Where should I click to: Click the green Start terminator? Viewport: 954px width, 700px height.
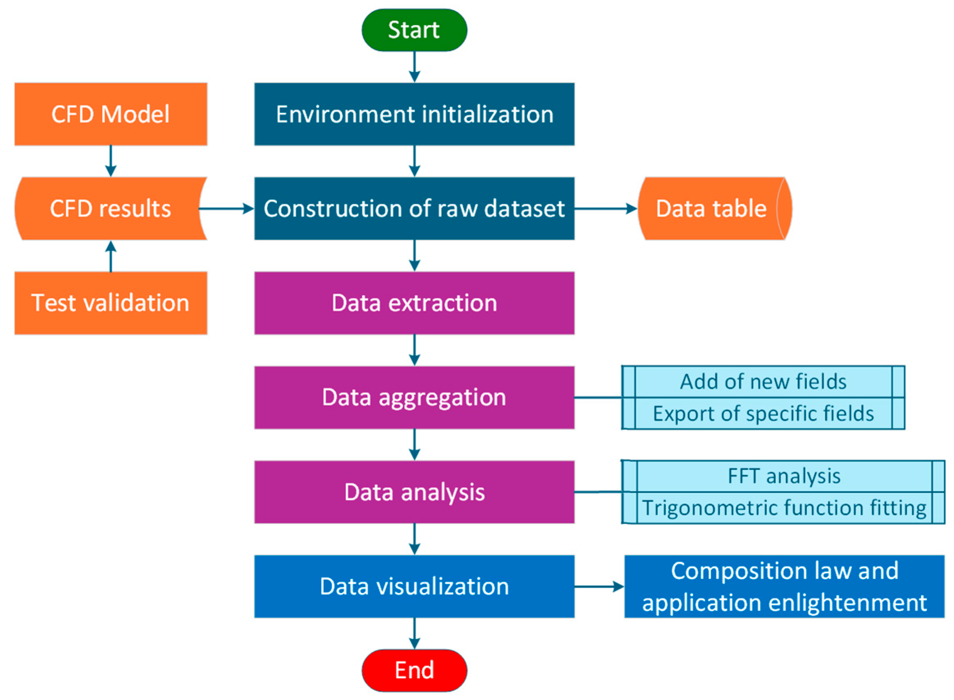[414, 30]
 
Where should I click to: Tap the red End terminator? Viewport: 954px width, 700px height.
[414, 670]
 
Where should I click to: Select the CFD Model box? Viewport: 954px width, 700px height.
[111, 114]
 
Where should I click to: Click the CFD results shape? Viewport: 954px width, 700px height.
[111, 208]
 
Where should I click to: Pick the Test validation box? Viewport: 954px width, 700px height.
[111, 303]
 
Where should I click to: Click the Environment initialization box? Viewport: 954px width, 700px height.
[414, 114]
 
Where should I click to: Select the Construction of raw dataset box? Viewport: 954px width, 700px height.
[414, 208]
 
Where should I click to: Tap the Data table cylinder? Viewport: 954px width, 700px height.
[714, 208]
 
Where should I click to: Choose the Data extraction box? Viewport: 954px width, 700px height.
[414, 303]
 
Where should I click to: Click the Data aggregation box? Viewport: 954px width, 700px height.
[414, 397]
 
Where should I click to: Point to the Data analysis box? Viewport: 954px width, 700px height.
[414, 492]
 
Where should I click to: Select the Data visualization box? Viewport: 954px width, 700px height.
[414, 586]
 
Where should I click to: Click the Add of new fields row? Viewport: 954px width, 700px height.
[763, 382]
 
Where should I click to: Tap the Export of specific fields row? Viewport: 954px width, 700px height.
[763, 413]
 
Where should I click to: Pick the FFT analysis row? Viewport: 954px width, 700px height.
[784, 476]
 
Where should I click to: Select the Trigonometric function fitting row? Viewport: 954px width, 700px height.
[784, 508]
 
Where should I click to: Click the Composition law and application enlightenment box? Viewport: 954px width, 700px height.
[784, 586]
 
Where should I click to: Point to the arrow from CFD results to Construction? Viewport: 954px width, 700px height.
[226, 208]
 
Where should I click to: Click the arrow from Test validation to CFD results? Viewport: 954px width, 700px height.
[111, 256]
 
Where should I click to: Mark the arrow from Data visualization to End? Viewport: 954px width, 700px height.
[414, 634]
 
